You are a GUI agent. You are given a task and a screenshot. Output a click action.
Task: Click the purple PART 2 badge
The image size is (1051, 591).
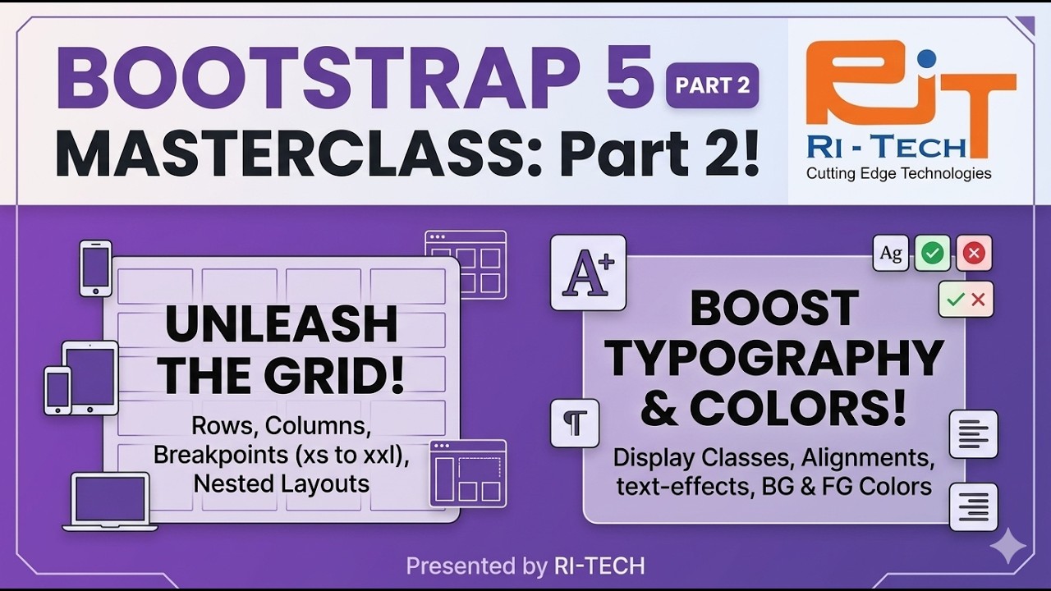(x=712, y=85)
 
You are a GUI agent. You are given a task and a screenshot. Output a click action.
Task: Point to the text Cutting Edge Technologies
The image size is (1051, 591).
(x=898, y=173)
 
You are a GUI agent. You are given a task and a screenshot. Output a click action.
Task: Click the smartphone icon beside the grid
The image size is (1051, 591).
(x=95, y=268)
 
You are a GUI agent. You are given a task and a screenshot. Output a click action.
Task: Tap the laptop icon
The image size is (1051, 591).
(x=109, y=502)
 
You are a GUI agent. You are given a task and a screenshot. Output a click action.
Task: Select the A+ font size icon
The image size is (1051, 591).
(x=588, y=273)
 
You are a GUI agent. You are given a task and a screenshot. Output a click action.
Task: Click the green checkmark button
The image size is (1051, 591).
(x=932, y=253)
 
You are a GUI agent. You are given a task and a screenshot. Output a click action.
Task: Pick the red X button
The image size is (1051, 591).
(x=974, y=253)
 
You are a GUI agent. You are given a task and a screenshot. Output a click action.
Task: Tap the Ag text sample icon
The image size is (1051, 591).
(x=891, y=253)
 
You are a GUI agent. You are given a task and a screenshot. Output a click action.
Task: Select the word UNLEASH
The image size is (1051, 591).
(x=282, y=325)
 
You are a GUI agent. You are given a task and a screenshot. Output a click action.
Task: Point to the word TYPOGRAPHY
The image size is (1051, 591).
(x=774, y=358)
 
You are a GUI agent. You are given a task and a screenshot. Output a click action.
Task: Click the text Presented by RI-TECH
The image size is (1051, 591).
(x=525, y=566)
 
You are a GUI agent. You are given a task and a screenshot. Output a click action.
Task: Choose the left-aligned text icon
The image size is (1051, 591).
(x=973, y=434)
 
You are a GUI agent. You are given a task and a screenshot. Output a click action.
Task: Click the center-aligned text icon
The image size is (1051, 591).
(x=973, y=506)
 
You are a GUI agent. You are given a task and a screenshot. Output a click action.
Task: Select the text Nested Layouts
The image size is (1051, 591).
(x=282, y=483)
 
